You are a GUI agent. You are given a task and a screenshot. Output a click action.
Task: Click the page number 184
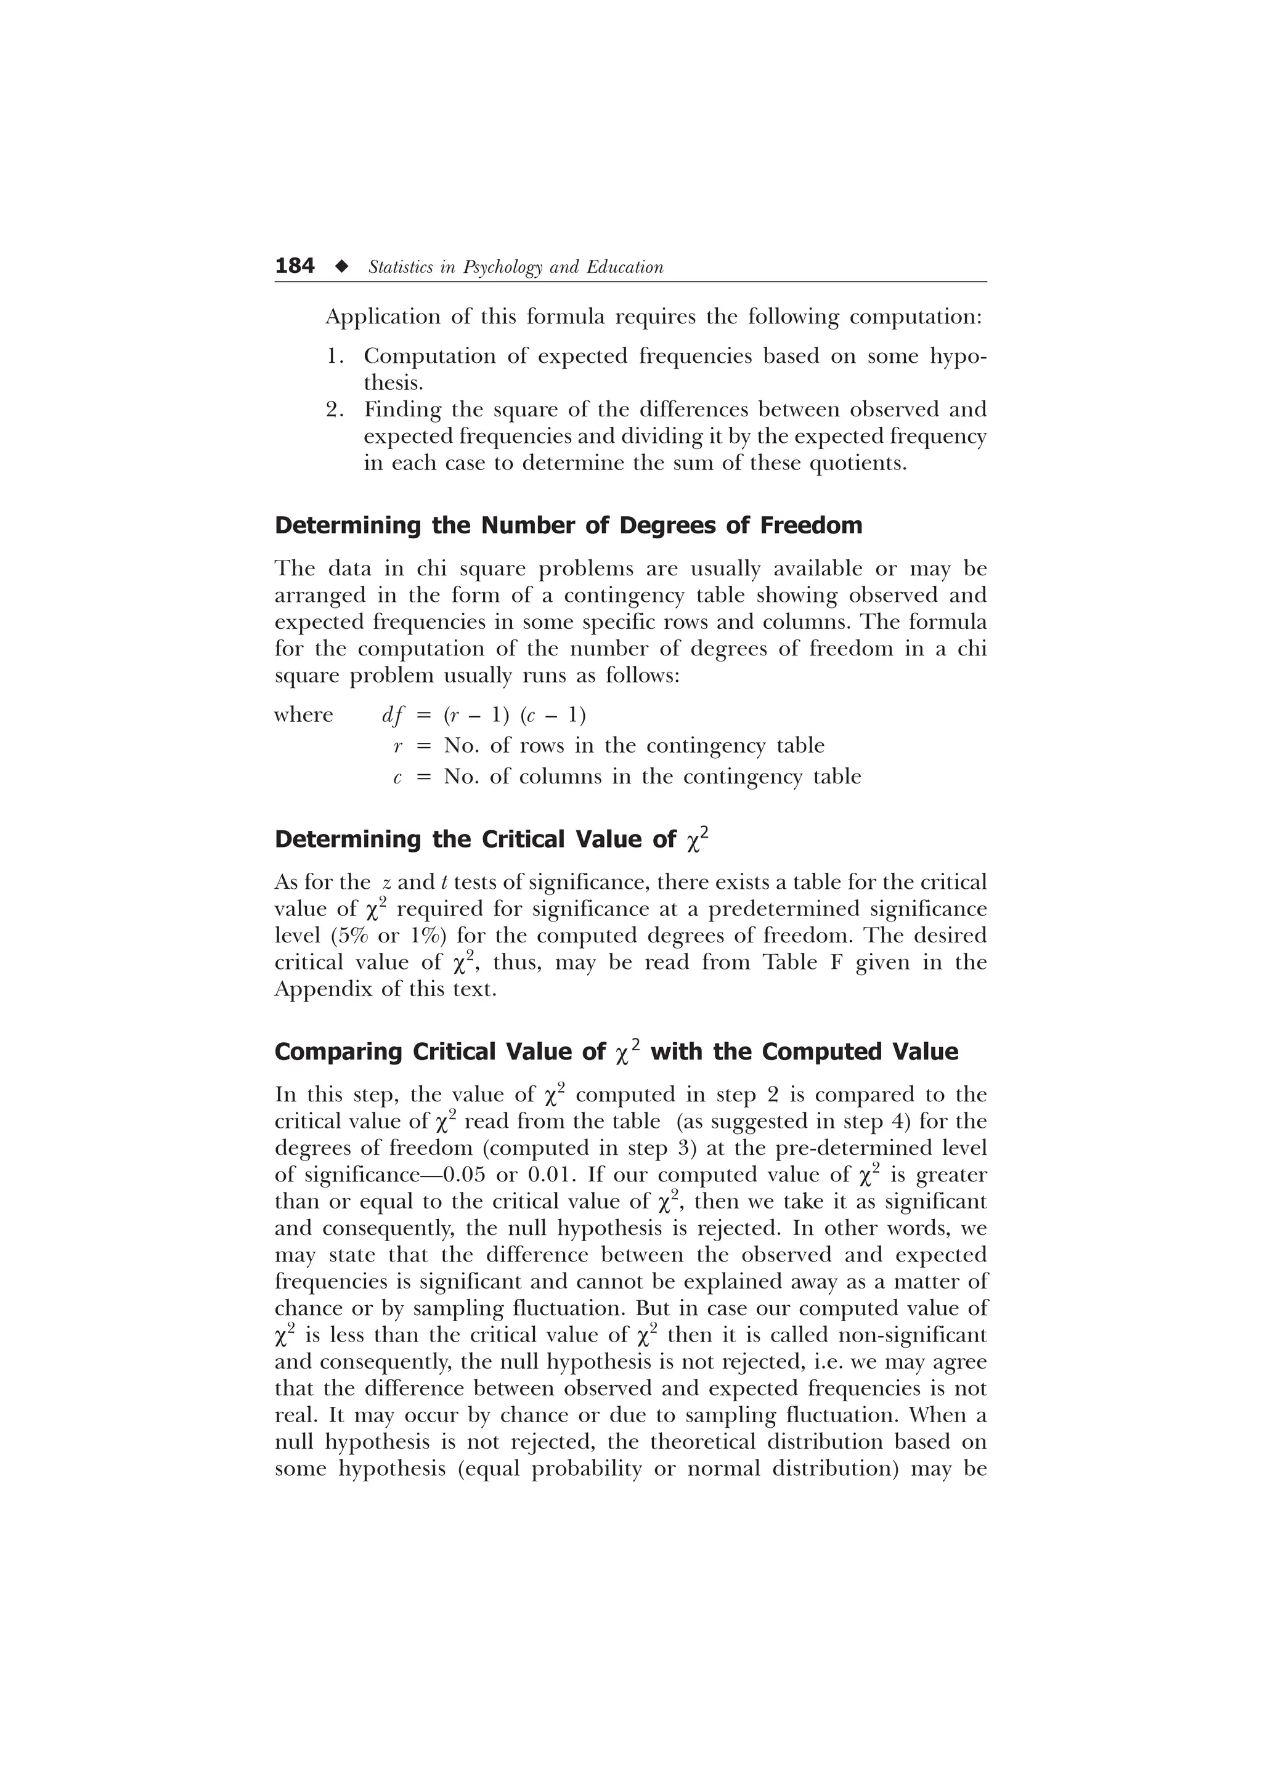(x=295, y=266)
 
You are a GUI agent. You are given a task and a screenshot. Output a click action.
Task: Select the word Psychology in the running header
(x=502, y=267)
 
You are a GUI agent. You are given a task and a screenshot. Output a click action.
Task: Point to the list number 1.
(x=335, y=356)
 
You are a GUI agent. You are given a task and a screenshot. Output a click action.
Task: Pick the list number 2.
(x=335, y=410)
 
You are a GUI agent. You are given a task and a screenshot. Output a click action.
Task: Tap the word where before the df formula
(x=304, y=714)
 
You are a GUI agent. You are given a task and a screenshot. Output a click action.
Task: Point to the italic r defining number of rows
(x=397, y=747)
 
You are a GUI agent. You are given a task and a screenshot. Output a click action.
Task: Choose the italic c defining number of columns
(x=397, y=777)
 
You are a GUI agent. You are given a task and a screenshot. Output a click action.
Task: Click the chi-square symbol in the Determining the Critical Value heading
(x=698, y=840)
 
